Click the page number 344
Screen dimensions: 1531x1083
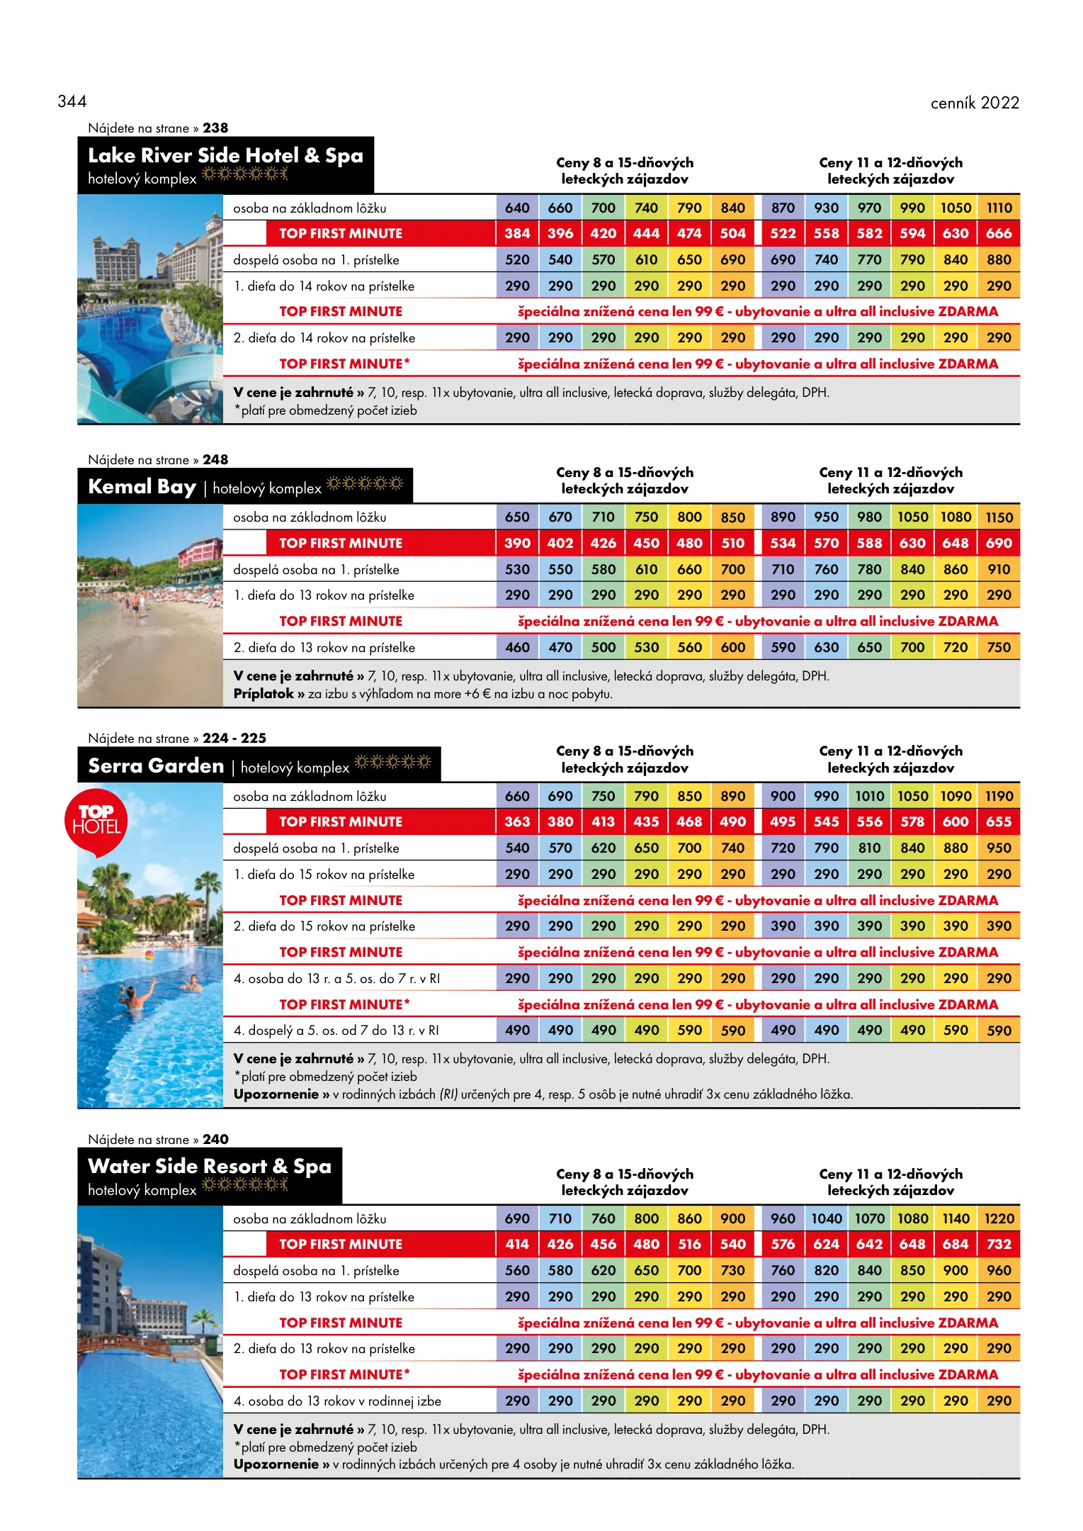(72, 101)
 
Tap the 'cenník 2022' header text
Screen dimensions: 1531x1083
(974, 103)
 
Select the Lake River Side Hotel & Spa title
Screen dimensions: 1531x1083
(225, 156)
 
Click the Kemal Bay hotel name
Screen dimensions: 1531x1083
(142, 487)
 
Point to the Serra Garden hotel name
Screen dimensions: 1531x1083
(156, 766)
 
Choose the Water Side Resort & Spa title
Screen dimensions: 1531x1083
(209, 1166)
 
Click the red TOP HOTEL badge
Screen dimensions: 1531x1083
(96, 820)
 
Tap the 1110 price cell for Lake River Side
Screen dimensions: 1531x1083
(999, 208)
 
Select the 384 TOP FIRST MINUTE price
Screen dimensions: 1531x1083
(517, 233)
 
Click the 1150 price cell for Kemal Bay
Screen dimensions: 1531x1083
(999, 517)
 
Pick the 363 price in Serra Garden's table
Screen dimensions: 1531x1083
(517, 821)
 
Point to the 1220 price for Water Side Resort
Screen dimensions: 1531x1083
(999, 1218)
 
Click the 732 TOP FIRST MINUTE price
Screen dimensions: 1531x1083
(999, 1244)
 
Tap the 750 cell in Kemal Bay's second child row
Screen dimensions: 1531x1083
(999, 647)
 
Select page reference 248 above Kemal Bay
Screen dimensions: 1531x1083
(215, 459)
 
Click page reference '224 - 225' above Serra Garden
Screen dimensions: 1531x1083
(234, 738)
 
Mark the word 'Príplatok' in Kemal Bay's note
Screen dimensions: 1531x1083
(263, 694)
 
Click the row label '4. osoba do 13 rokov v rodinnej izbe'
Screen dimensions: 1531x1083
(337, 1401)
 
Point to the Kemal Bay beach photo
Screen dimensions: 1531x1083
(150, 605)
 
